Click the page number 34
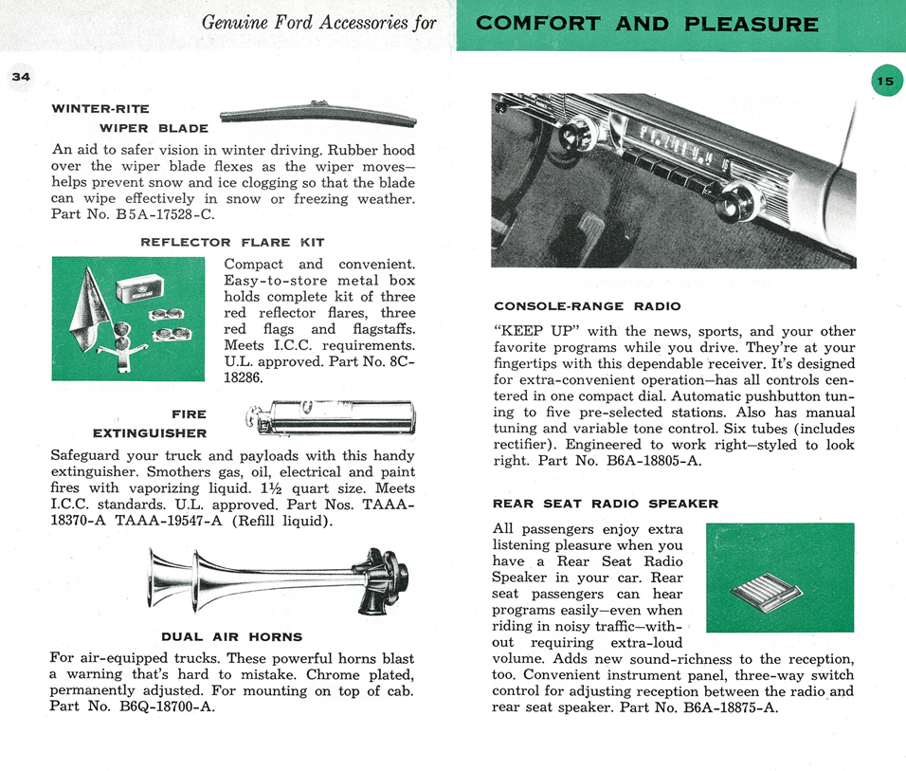[x=21, y=77]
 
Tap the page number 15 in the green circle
[x=884, y=81]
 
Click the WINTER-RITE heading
[x=100, y=108]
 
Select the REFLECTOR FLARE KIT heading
[x=232, y=242]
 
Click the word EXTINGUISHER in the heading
[x=149, y=433]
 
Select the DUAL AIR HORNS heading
[x=232, y=636]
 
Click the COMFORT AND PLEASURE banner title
[x=647, y=25]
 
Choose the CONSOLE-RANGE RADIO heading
[x=587, y=306]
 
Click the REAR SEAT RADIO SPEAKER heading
[x=606, y=504]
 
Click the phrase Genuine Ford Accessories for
[x=319, y=22]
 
